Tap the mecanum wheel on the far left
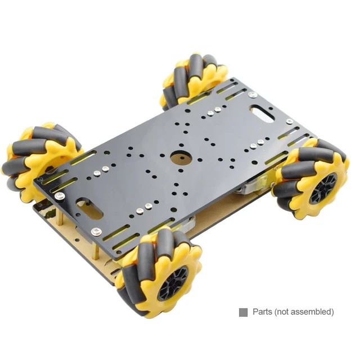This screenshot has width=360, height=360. pyautogui.click(x=39, y=160)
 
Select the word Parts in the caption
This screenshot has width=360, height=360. pyautogui.click(x=263, y=312)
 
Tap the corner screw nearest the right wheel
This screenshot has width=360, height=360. pyautogui.click(x=289, y=121)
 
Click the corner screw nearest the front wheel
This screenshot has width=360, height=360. pyautogui.click(x=97, y=231)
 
